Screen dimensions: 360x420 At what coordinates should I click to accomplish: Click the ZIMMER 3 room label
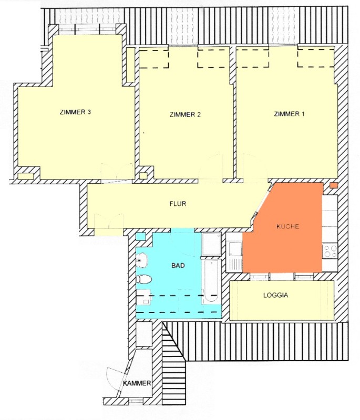click(x=75, y=112)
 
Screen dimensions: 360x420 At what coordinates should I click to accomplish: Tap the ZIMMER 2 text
click(x=185, y=114)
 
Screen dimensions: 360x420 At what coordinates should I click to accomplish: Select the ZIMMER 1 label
click(x=289, y=114)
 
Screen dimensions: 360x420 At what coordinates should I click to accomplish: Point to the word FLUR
click(x=178, y=204)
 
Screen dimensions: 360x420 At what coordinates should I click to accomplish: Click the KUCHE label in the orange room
click(x=287, y=226)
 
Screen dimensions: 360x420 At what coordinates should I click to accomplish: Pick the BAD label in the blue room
click(x=178, y=266)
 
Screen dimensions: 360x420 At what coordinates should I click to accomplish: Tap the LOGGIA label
click(x=275, y=295)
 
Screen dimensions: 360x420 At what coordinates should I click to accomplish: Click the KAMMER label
click(x=137, y=383)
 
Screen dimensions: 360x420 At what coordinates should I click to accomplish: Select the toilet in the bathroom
click(x=144, y=279)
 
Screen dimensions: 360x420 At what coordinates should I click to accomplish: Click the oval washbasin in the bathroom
click(x=142, y=260)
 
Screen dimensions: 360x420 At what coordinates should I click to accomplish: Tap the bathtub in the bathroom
click(x=211, y=281)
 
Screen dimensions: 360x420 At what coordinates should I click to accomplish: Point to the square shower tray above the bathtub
click(x=211, y=244)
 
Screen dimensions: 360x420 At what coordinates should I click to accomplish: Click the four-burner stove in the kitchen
click(x=330, y=251)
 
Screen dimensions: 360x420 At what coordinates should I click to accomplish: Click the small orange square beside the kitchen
click(x=334, y=185)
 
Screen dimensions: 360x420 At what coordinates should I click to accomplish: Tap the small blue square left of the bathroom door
click(x=140, y=237)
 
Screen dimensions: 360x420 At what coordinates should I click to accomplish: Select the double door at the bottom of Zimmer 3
click(x=117, y=172)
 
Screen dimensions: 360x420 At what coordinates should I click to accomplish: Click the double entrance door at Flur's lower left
click(x=109, y=221)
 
